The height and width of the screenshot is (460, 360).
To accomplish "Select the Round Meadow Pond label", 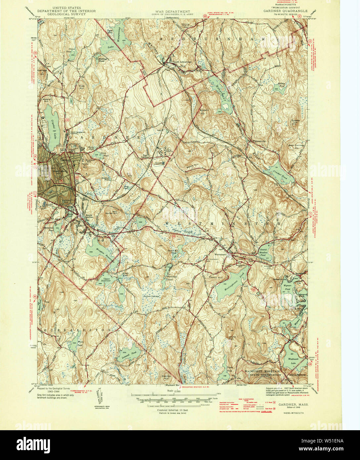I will [263, 253].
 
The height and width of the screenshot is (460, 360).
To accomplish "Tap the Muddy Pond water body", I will [282, 87].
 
